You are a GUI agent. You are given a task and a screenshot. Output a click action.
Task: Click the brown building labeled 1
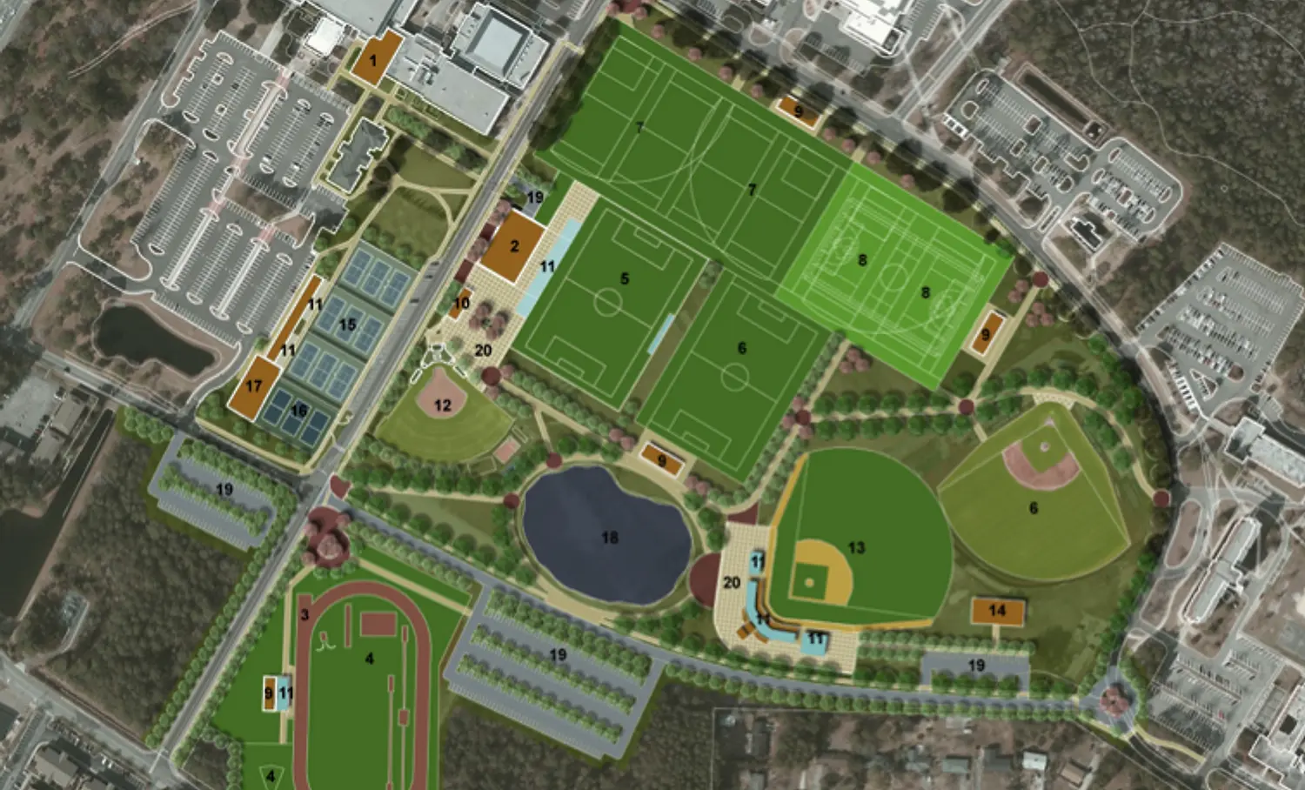click(375, 58)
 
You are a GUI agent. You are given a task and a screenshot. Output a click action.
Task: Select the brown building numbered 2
click(512, 247)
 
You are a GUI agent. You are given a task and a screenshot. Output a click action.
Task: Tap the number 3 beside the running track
click(304, 615)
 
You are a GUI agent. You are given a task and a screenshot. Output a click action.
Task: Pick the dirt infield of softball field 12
click(443, 397)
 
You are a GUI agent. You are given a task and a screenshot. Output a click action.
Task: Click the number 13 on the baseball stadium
click(856, 547)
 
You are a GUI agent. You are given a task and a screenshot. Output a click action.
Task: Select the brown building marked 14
click(997, 611)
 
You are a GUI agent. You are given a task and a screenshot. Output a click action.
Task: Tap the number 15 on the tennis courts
click(347, 325)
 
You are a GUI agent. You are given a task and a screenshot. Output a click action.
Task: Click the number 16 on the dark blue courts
click(298, 411)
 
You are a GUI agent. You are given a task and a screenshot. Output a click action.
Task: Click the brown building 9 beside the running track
click(269, 693)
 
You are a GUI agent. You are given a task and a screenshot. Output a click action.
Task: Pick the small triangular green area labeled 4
click(271, 773)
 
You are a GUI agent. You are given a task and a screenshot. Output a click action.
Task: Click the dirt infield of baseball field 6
click(1041, 462)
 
